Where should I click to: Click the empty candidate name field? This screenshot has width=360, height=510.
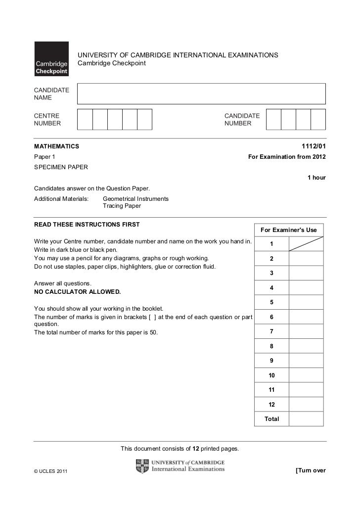pos(202,93)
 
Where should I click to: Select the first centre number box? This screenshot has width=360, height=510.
pos(85,119)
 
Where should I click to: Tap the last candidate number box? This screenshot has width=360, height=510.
pos(318,119)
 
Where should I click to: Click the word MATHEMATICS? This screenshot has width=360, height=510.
pos(56,146)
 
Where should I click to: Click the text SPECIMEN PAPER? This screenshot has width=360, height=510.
pos(61,167)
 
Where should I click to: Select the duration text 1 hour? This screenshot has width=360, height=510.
pos(316,177)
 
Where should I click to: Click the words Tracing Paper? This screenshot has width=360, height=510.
pos(122,206)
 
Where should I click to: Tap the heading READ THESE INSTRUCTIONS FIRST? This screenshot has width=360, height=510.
pos(87,225)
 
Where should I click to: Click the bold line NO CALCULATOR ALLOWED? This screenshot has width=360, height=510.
pos(77,292)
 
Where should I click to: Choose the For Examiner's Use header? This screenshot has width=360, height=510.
pos(288,230)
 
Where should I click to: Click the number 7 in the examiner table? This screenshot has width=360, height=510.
pos(271,331)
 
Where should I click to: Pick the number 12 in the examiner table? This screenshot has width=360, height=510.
pos(271,404)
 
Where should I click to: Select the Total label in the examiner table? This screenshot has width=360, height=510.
pos(271,419)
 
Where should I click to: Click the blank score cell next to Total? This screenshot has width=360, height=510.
pos(306,419)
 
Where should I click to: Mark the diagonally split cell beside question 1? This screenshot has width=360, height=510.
pos(306,244)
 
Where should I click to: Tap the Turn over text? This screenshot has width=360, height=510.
pos(310,470)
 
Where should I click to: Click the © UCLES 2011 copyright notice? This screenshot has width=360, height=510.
pos(50,470)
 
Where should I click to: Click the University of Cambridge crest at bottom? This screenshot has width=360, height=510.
pos(141,466)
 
